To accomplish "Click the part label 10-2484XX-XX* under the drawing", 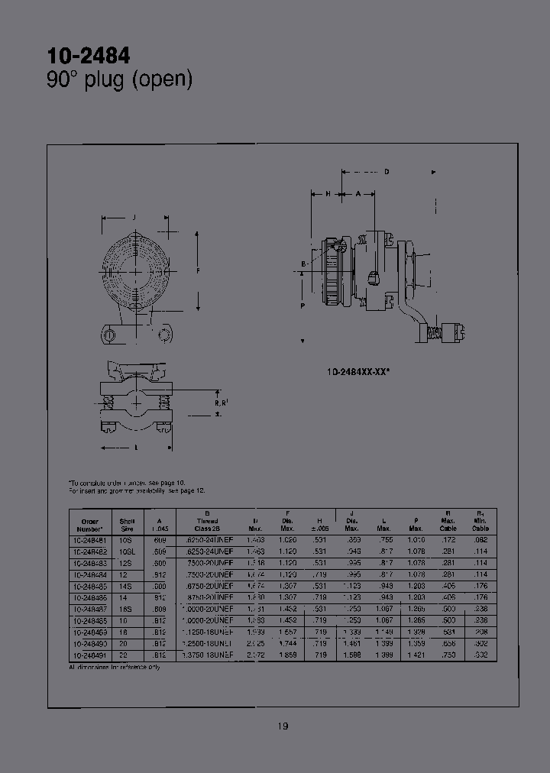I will tap(358, 371).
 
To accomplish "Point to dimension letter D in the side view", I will tap(387, 172).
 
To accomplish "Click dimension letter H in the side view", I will tap(327, 194).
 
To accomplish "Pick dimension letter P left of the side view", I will tap(303, 306).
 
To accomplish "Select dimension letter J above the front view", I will tap(134, 218).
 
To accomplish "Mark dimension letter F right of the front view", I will tap(198, 270).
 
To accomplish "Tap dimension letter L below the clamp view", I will tap(136, 448).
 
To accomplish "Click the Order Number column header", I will tap(90, 524).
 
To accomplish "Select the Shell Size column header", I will tap(127, 524).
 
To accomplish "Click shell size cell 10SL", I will tap(127, 550).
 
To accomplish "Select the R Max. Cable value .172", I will tap(448, 539).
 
